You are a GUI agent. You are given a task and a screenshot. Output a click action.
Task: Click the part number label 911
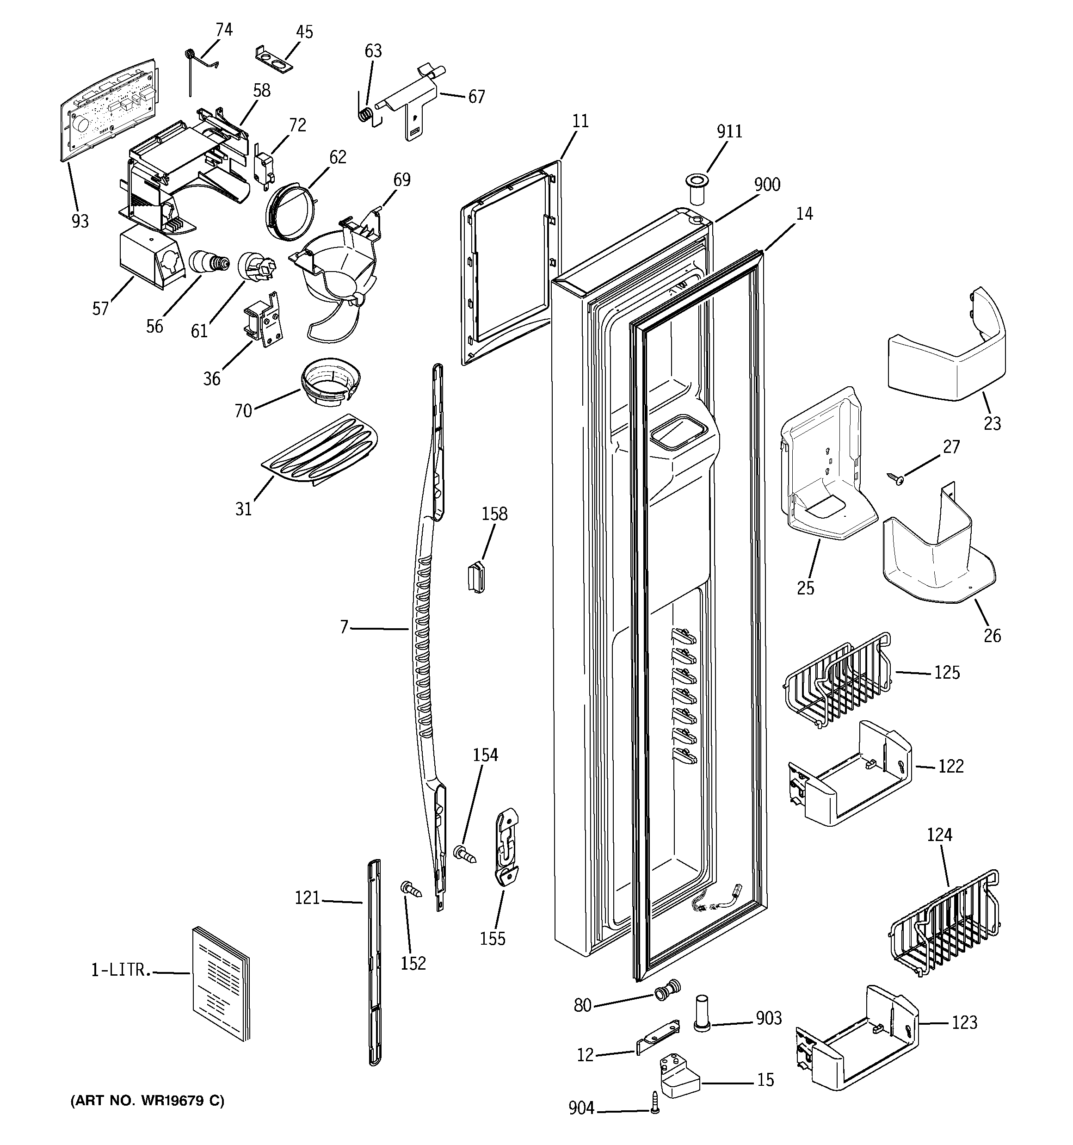click(729, 132)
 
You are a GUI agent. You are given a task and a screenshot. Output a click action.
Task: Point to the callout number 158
click(494, 514)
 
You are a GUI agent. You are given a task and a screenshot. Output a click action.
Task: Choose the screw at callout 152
click(411, 890)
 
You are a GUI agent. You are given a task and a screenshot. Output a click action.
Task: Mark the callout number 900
click(767, 185)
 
